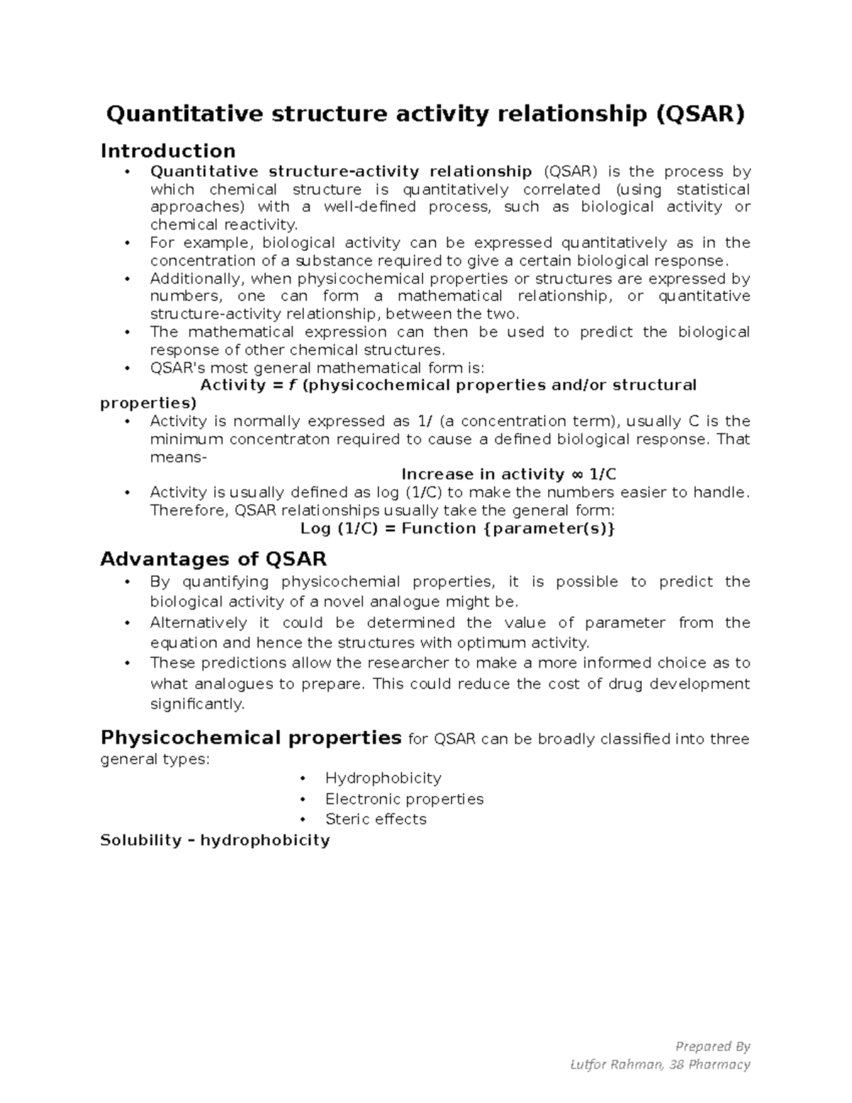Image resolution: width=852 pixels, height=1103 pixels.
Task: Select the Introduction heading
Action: coord(168,151)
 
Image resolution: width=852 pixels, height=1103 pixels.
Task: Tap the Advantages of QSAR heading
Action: coord(213,559)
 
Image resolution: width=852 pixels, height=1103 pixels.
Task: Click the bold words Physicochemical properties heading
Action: coord(251,738)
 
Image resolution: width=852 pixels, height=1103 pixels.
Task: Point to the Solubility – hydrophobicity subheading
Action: coord(214,840)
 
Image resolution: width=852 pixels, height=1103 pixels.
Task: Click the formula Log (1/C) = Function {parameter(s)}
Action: coord(457,528)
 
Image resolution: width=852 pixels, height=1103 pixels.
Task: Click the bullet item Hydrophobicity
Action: coord(383,778)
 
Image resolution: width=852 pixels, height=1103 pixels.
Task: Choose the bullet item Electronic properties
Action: coord(404,799)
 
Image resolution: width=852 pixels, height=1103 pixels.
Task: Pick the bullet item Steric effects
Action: coord(376,819)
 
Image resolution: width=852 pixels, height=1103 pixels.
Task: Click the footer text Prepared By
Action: coord(712,1045)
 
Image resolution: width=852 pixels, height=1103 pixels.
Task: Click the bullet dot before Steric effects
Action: coord(303,819)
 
